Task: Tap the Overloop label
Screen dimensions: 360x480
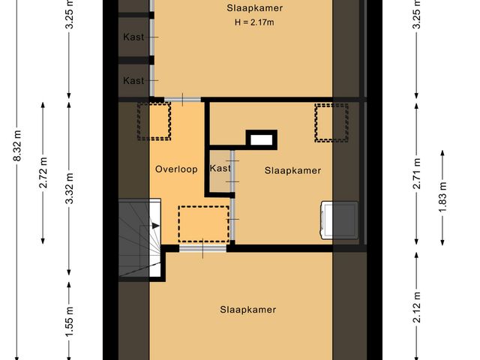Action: pyautogui.click(x=176, y=169)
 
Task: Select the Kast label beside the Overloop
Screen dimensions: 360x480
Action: pyautogui.click(x=220, y=169)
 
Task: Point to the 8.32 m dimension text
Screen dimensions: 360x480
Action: pyautogui.click(x=17, y=158)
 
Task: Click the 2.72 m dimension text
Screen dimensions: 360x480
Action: pyautogui.click(x=43, y=172)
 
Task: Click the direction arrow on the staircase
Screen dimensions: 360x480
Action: pyautogui.click(x=155, y=225)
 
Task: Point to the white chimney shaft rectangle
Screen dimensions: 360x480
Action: pyautogui.click(x=262, y=139)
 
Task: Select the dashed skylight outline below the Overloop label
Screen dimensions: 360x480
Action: pyautogui.click(x=202, y=223)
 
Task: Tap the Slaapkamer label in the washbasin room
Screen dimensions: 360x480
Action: pyautogui.click(x=292, y=170)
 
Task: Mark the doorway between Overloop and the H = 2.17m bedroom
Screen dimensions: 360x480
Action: pyautogui.click(x=182, y=98)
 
